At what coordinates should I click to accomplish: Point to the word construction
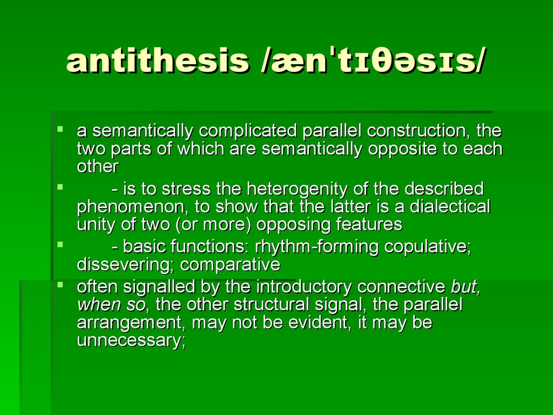click(416, 131)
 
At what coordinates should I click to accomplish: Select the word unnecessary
click(131, 340)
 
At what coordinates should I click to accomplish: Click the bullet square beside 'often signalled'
click(60, 284)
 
